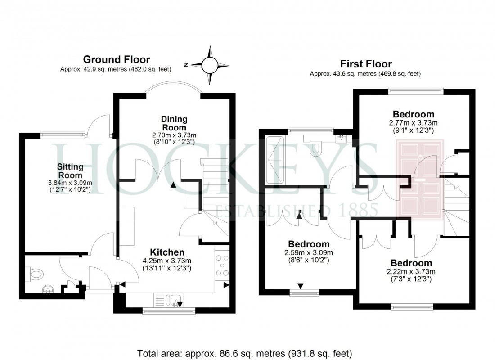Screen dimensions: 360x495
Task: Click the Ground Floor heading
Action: pos(117,59)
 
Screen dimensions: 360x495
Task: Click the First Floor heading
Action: pos(365,64)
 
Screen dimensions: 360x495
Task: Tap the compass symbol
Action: pos(209,65)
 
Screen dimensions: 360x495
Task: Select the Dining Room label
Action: pos(175,123)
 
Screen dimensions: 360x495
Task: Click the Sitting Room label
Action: pos(70,171)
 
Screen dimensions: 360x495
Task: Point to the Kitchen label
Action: pos(167,252)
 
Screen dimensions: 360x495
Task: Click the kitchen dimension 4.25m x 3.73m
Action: pos(167,261)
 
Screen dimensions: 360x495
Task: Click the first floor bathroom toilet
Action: pos(317,148)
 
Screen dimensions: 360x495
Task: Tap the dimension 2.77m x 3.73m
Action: pos(413,122)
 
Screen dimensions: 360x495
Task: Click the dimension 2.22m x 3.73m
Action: pos(411,271)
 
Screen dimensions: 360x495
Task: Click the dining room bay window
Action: pos(174,88)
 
